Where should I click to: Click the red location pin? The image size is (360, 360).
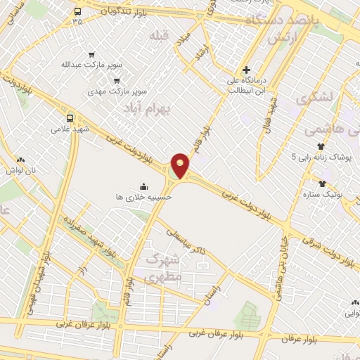click(x=181, y=165)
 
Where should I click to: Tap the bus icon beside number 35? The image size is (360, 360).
click(x=77, y=11)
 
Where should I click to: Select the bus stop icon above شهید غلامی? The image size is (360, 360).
click(x=69, y=118)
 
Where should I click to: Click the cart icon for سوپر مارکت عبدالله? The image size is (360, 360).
click(x=91, y=55)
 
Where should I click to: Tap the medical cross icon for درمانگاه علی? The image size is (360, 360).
click(x=245, y=70)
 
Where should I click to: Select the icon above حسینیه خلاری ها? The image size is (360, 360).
click(x=144, y=186)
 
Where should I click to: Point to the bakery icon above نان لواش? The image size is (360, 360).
click(x=20, y=160)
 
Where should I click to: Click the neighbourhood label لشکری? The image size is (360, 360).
click(x=312, y=98)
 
